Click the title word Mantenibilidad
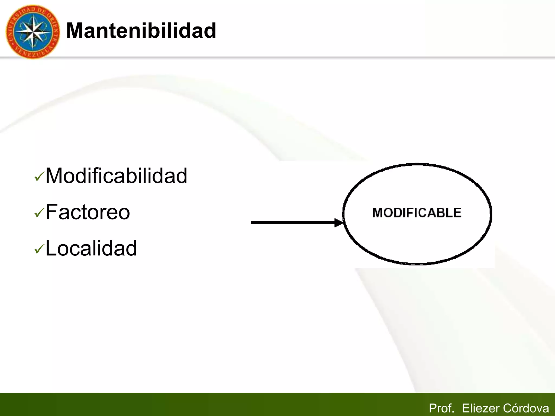point(141,31)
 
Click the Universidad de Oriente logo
point(33,32)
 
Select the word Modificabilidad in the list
point(116,176)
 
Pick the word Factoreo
point(88,212)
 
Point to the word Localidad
point(91,248)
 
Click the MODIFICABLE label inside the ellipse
point(417,213)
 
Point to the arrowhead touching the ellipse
point(339,223)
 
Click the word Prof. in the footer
point(441,408)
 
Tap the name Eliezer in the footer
point(480,408)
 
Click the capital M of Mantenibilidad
point(75,31)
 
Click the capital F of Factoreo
point(51,212)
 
